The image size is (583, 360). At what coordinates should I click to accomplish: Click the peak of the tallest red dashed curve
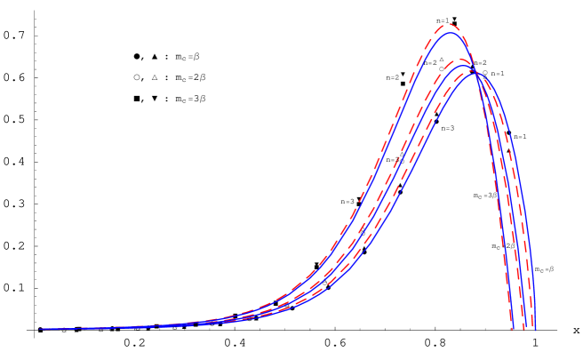449,24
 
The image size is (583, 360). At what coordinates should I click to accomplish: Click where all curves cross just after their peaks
476,73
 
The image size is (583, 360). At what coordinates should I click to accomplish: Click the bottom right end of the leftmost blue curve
514,329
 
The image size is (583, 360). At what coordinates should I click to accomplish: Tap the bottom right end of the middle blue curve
525,329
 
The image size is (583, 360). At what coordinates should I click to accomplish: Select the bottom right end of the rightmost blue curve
536,329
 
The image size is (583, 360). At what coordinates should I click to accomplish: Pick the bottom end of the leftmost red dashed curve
512,329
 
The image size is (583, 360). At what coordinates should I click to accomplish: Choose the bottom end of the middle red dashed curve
523,329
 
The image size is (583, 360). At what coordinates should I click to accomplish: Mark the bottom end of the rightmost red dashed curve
533,329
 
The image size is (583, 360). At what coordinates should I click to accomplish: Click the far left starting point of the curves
40,329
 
